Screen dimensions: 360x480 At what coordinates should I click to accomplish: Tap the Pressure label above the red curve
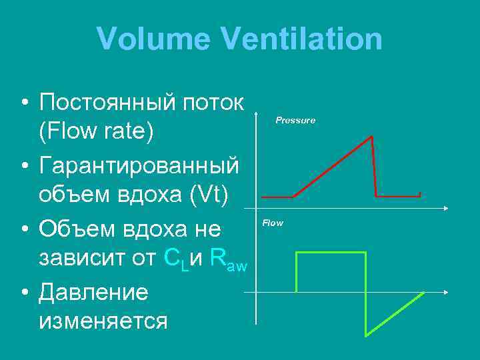tap(296, 121)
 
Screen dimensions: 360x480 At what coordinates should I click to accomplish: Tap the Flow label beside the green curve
tap(273, 223)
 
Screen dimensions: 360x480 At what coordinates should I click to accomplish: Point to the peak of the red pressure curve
tap(371, 137)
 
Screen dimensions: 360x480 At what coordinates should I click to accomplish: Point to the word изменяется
tap(103, 321)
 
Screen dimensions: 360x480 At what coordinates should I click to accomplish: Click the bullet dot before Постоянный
tap(23, 104)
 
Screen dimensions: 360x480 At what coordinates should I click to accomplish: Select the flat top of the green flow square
tap(331, 253)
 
